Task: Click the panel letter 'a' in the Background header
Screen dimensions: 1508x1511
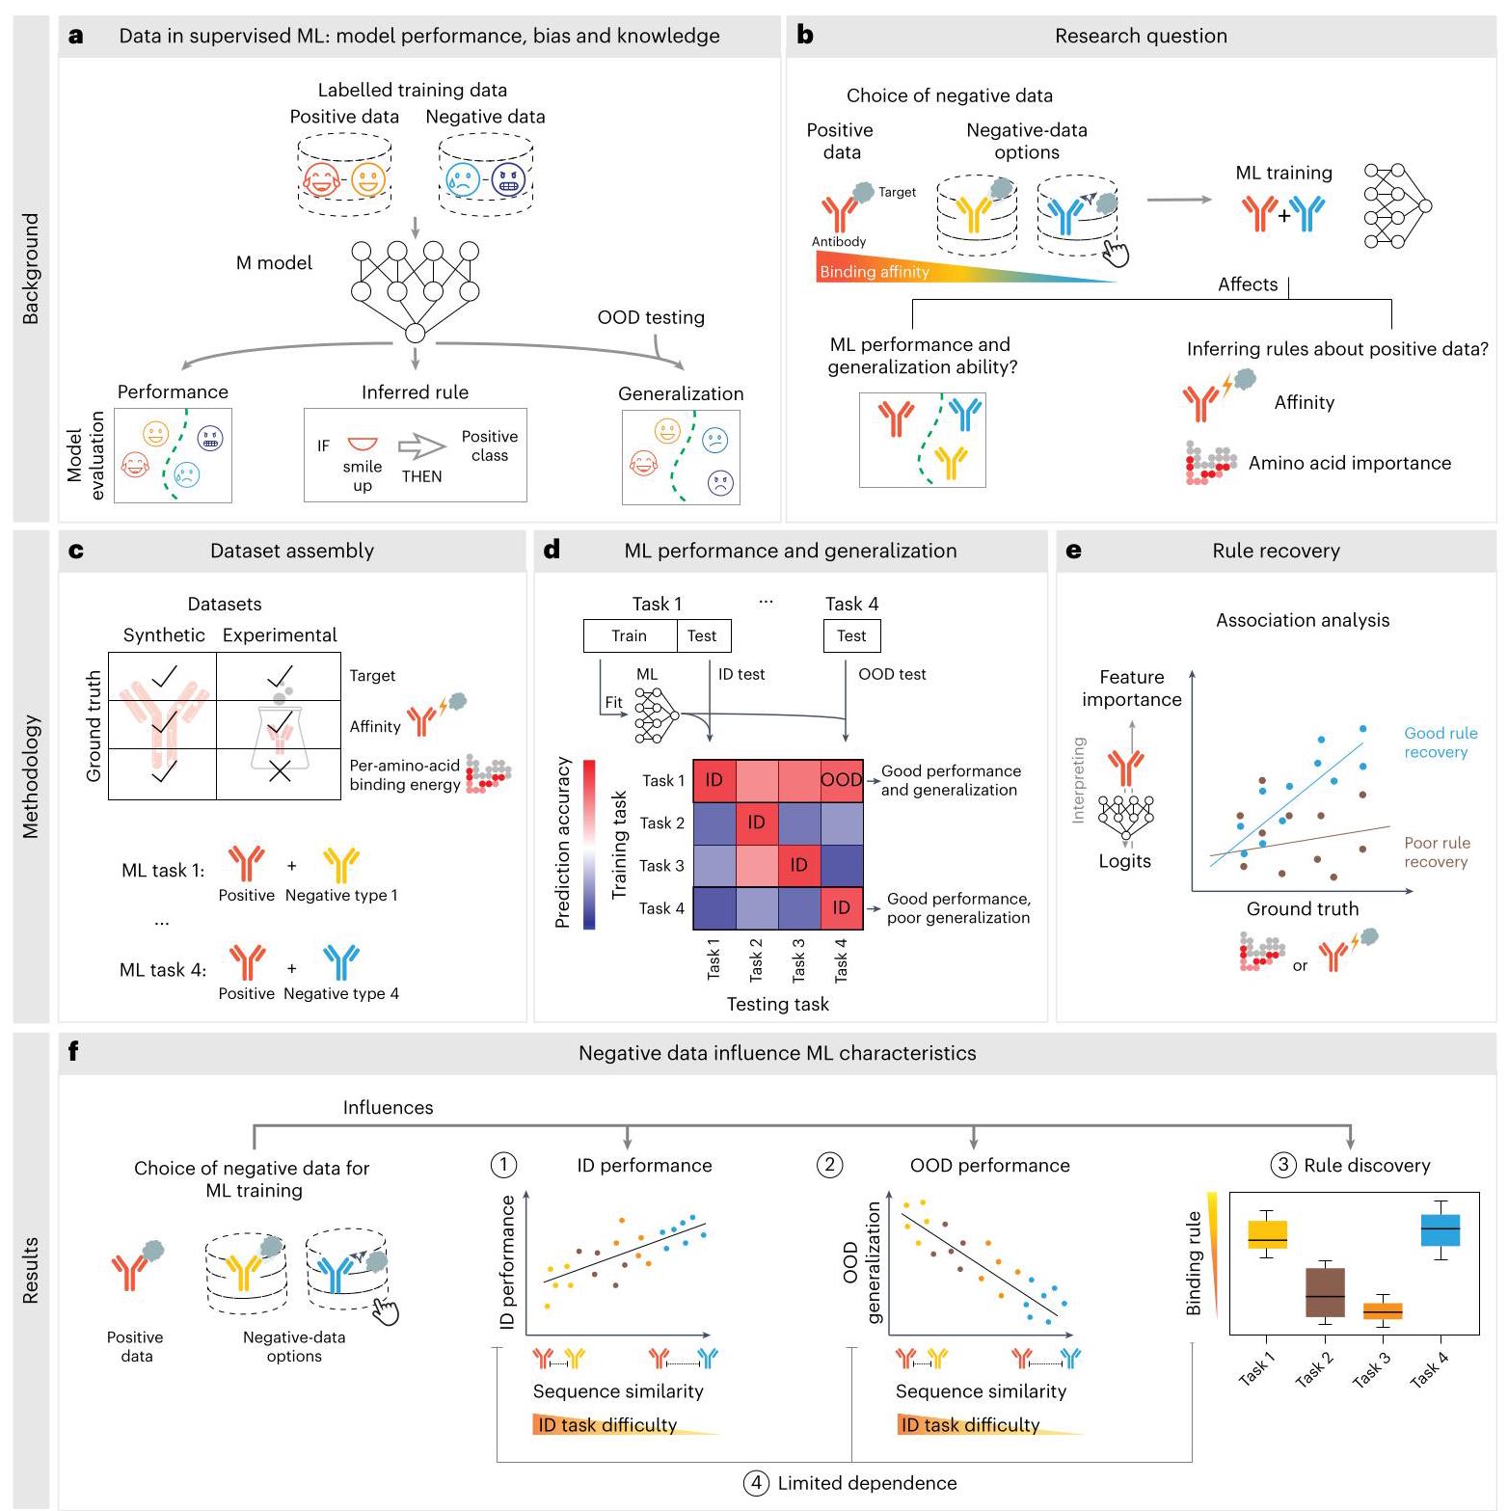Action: pyautogui.click(x=76, y=37)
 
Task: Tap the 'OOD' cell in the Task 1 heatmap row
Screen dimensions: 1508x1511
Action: pyautogui.click(x=841, y=780)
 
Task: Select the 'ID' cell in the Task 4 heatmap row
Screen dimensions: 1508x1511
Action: pyautogui.click(x=841, y=907)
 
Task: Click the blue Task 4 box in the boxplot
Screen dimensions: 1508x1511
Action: pyautogui.click(x=1441, y=1229)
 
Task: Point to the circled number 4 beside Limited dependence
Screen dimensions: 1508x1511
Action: pyautogui.click(x=756, y=1483)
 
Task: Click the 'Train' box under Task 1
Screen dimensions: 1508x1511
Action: pyautogui.click(x=630, y=635)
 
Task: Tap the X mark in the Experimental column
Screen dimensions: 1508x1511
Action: pyautogui.click(x=280, y=771)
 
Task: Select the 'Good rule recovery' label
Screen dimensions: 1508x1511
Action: pyautogui.click(x=1441, y=742)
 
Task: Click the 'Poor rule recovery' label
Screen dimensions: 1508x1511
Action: pyautogui.click(x=1437, y=852)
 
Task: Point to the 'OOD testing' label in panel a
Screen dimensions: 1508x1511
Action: pyautogui.click(x=651, y=317)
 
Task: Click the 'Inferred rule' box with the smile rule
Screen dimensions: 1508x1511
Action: pyautogui.click(x=416, y=455)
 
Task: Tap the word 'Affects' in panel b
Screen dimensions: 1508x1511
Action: pyautogui.click(x=1248, y=284)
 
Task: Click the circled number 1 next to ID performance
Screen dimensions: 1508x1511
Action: pyautogui.click(x=504, y=1165)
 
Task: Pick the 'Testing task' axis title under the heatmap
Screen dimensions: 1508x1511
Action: pyautogui.click(x=778, y=1004)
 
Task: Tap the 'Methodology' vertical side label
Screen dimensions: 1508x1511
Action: pyautogui.click(x=31, y=776)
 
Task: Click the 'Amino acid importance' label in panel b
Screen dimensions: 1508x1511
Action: pyautogui.click(x=1350, y=463)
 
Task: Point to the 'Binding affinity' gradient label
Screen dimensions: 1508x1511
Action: pyautogui.click(x=875, y=272)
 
